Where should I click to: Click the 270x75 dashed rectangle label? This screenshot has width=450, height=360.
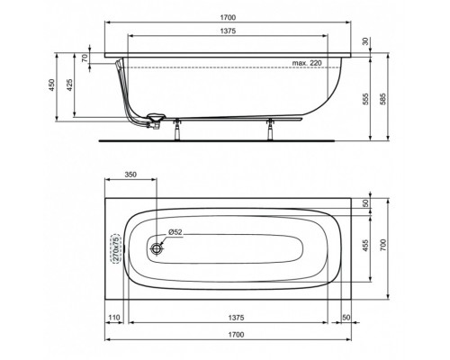[114, 246]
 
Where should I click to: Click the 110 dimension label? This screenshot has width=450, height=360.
[114, 319]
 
